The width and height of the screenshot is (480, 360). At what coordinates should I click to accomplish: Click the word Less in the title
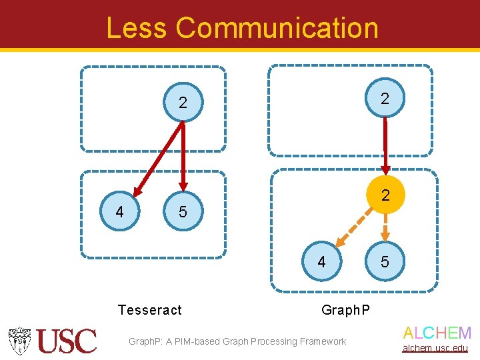pos(137,28)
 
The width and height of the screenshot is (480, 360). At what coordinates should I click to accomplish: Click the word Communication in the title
pos(277,28)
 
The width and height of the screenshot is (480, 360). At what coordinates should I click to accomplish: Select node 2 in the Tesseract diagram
pos(183,103)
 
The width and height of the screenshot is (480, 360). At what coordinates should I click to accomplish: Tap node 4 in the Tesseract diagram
pos(119,212)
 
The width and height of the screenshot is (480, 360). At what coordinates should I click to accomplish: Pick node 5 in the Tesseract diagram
pos(183,212)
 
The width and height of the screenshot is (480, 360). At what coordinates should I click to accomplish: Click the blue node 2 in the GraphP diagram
pos(385,99)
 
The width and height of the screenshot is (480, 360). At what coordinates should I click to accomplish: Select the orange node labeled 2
pos(385,195)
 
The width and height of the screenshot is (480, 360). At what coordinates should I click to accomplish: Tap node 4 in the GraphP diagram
pos(321,262)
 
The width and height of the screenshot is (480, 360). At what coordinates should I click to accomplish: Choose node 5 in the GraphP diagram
pos(385,262)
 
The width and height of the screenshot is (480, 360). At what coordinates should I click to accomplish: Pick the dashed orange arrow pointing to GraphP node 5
pos(385,228)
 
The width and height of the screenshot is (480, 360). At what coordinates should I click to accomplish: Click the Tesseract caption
pos(149,310)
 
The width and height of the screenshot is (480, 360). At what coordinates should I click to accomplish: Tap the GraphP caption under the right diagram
pos(345,310)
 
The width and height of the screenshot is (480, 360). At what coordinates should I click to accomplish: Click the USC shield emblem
pos(20,341)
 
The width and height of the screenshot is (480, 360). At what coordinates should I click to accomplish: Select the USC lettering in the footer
pos(67,341)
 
